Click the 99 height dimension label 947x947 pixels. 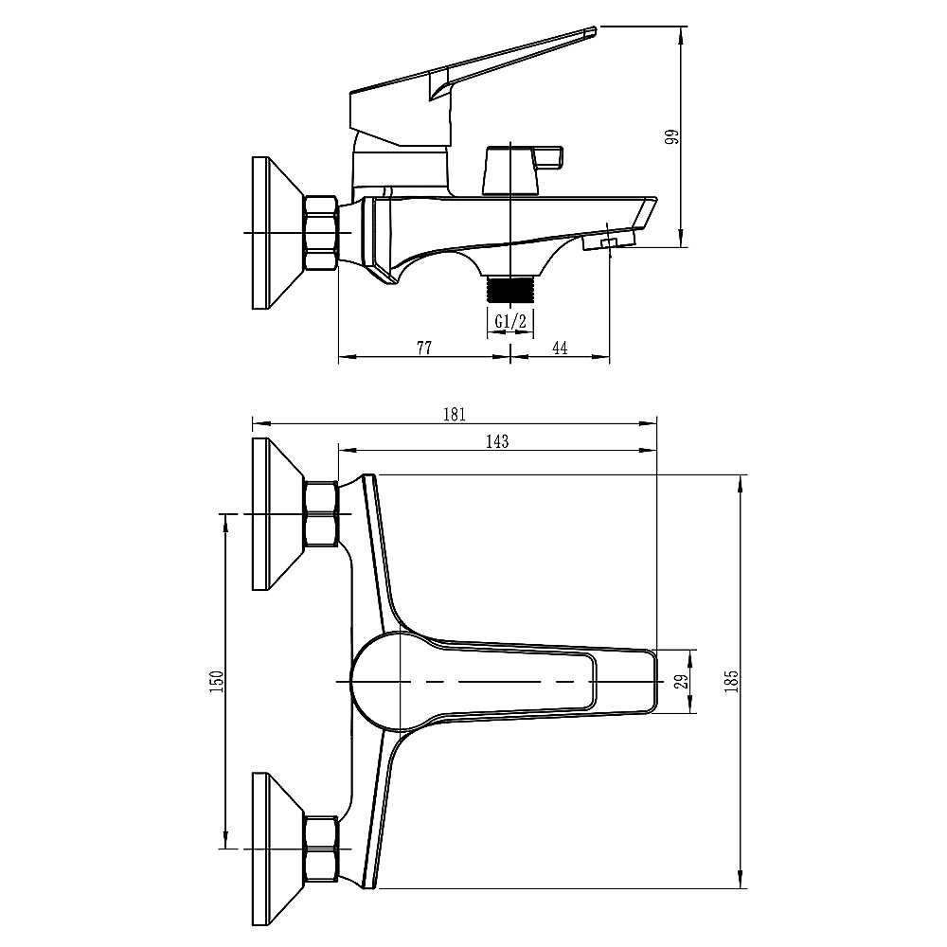click(x=671, y=137)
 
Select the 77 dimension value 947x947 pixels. click(x=423, y=348)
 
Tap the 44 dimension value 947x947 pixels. click(x=559, y=348)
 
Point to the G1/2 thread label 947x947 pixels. click(x=510, y=322)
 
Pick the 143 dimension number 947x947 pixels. click(x=497, y=440)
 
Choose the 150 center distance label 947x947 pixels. click(x=216, y=680)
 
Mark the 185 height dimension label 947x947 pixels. click(x=730, y=680)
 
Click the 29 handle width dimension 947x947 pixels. click(x=679, y=680)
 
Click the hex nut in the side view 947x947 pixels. click(x=320, y=233)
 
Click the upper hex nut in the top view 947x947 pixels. click(x=320, y=514)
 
